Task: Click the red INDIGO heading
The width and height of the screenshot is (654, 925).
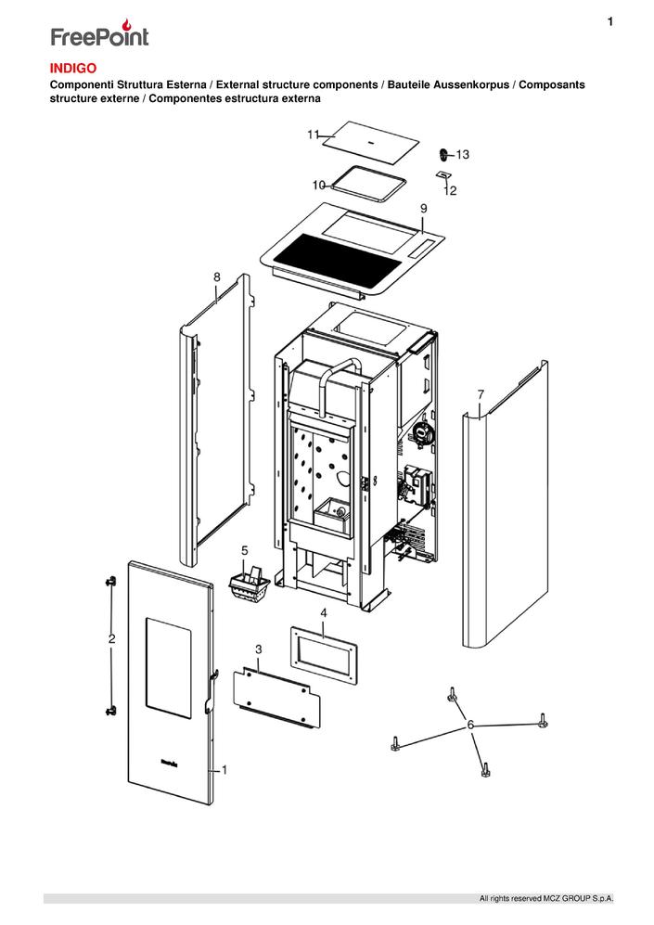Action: tap(72, 68)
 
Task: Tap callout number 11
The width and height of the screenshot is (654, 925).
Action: tap(314, 135)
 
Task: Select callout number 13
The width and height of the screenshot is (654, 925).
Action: tap(463, 154)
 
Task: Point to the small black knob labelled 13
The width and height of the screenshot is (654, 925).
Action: tap(443, 153)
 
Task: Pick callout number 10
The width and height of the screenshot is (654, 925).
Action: tap(318, 185)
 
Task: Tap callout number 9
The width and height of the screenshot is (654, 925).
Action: tap(423, 207)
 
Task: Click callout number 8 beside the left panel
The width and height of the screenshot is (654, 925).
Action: tap(216, 276)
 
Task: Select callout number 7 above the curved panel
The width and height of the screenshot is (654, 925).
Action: tap(481, 395)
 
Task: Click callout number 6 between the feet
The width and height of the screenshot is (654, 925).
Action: tap(471, 724)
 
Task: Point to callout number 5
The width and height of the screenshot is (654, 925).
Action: tap(246, 550)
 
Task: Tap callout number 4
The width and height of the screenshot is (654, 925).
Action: tap(323, 613)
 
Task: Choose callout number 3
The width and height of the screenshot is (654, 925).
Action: tap(258, 648)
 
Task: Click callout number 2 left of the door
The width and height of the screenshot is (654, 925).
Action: tap(111, 639)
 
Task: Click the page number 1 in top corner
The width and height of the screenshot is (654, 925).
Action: tap(609, 21)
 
